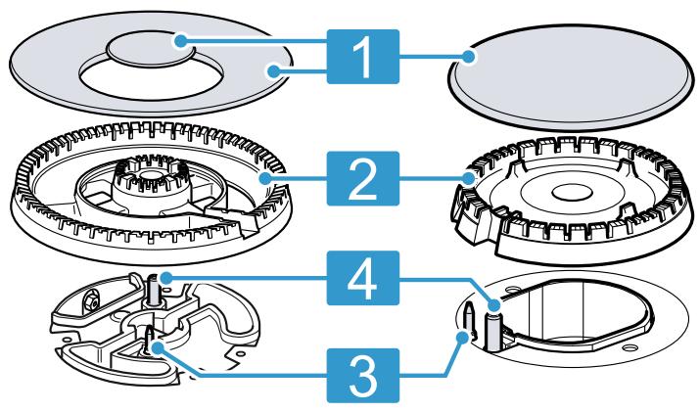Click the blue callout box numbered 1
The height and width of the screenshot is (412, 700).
coord(362,57)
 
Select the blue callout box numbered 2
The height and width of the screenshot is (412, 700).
coord(362,178)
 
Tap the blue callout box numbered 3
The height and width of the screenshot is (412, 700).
coord(362,376)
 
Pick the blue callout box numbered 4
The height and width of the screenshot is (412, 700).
coord(362,278)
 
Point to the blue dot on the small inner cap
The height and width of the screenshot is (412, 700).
coord(180,41)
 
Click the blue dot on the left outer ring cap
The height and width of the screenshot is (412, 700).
coord(273,70)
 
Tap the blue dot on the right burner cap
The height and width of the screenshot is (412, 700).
coord(468,57)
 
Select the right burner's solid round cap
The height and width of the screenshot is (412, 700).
coord(571,76)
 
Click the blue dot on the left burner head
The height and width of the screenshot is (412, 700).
coord(265,178)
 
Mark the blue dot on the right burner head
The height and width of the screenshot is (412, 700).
coord(468,178)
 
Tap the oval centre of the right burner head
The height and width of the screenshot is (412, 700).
coord(572,194)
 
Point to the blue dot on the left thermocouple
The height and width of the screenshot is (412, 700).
coord(166,278)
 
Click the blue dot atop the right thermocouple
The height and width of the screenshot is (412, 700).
coord(493,305)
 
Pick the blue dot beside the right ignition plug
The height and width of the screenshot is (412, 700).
coord(462,337)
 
